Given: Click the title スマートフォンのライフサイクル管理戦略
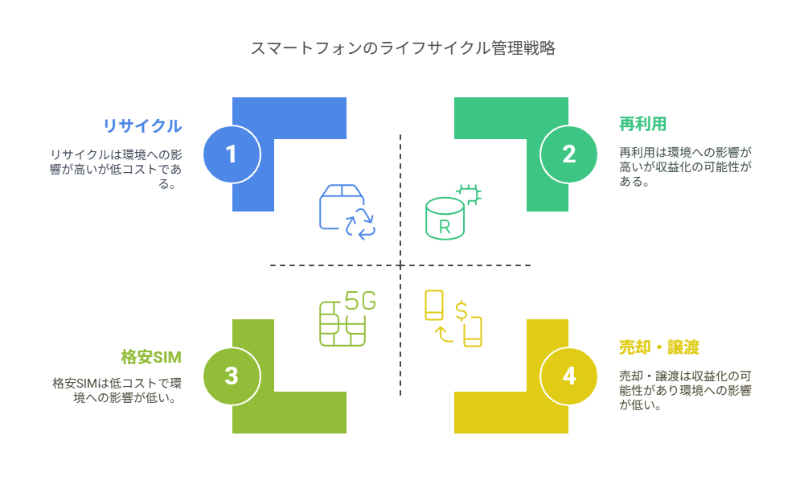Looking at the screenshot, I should click(402, 48).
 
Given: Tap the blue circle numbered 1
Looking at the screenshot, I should click(232, 154).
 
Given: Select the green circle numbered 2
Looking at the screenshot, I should click(568, 154).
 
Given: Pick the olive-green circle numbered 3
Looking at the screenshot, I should click(232, 376).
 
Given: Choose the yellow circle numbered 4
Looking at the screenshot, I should click(568, 376).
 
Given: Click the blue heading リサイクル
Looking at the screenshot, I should click(142, 125).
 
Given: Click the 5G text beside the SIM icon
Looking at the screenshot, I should click(360, 301).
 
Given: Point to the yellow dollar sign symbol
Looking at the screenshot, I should click(461, 310).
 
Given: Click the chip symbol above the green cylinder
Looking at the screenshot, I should click(468, 193).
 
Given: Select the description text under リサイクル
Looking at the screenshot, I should click(117, 169).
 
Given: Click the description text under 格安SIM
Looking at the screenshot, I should click(117, 389).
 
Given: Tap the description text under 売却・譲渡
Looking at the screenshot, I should click(685, 390).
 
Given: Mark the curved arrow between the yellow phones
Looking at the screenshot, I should click(441, 334).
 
